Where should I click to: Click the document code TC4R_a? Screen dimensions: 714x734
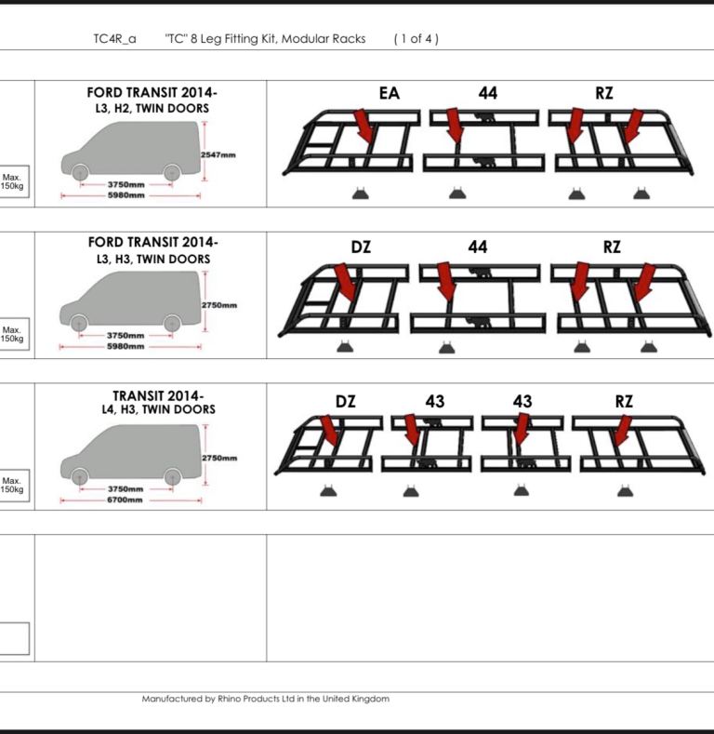pyautogui.click(x=114, y=39)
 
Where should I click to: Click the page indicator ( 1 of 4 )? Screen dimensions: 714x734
pyautogui.click(x=416, y=39)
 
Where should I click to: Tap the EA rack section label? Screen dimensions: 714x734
pyautogui.click(x=390, y=93)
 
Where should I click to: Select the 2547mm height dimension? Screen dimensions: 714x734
pyautogui.click(x=218, y=155)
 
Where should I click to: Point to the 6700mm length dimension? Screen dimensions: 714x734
pyautogui.click(x=125, y=500)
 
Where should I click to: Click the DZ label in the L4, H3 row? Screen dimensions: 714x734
pyautogui.click(x=345, y=401)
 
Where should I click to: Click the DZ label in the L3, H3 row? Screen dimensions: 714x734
pyautogui.click(x=361, y=247)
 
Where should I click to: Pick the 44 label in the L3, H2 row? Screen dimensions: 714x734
pyautogui.click(x=488, y=93)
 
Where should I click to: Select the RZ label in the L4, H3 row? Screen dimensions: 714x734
pyautogui.click(x=624, y=401)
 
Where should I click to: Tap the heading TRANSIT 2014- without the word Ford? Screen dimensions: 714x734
pyautogui.click(x=158, y=396)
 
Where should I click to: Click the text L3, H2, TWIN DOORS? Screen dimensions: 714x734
pyautogui.click(x=152, y=108)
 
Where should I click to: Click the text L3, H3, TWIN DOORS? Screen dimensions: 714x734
pyautogui.click(x=153, y=259)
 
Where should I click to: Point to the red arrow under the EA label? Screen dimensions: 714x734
pyautogui.click(x=364, y=126)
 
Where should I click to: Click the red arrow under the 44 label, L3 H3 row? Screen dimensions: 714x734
pyautogui.click(x=446, y=281)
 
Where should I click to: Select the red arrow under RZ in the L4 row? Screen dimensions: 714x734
pyautogui.click(x=622, y=431)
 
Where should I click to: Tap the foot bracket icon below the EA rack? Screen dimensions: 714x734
pyautogui.click(x=361, y=194)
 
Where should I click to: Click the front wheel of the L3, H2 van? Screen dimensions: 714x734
pyautogui.click(x=80, y=172)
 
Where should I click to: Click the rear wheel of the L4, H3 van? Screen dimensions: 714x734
pyautogui.click(x=173, y=477)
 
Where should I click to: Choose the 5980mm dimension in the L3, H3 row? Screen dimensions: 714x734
pyautogui.click(x=126, y=346)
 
